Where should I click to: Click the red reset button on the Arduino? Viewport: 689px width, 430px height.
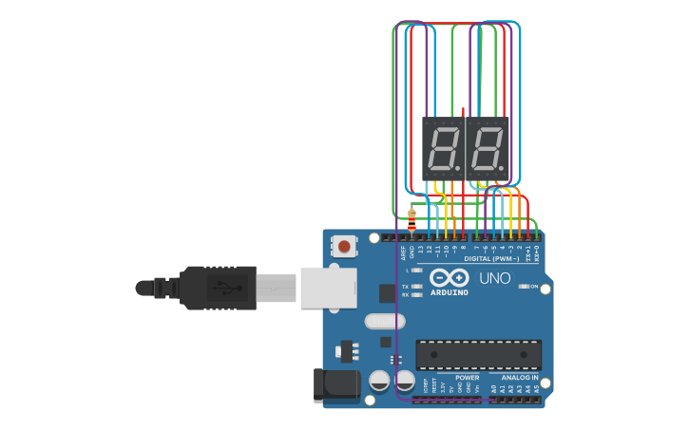[x=344, y=247]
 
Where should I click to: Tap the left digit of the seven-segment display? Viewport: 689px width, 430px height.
[x=444, y=149]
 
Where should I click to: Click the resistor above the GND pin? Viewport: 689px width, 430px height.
[x=411, y=220]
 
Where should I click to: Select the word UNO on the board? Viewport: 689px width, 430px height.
[x=494, y=279]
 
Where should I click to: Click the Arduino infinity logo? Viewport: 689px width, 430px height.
[x=449, y=278]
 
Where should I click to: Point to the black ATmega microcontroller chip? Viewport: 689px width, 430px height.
[x=478, y=354]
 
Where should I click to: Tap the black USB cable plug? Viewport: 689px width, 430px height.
[x=219, y=288]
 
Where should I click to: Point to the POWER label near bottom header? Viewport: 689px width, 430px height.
[x=467, y=377]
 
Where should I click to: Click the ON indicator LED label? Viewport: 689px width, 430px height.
[x=534, y=286]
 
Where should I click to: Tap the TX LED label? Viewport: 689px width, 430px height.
[x=406, y=286]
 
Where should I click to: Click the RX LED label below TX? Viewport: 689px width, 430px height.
[x=406, y=295]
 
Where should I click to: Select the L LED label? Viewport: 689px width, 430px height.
[x=407, y=271]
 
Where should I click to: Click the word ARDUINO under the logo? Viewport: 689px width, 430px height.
[x=450, y=292]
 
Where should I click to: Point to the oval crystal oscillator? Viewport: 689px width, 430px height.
[x=384, y=322]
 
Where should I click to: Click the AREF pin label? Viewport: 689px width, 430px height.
[x=403, y=252]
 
